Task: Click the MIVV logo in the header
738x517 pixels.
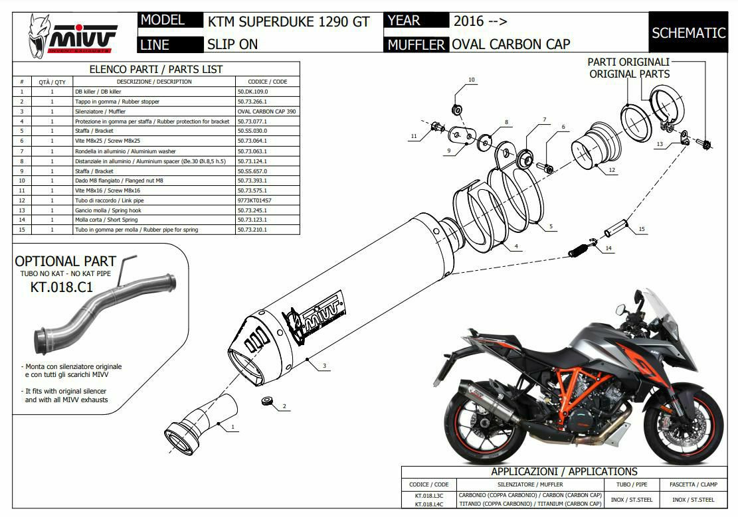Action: click(x=73, y=36)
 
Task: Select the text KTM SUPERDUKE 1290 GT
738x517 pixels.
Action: click(x=288, y=21)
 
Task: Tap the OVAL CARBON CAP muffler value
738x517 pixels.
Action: click(x=510, y=44)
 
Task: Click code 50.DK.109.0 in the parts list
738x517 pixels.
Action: click(x=254, y=92)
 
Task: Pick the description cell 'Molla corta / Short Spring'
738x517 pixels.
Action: click(x=106, y=220)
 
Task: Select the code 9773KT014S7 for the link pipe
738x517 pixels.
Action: click(x=254, y=200)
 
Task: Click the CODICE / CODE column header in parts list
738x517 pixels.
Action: click(x=267, y=82)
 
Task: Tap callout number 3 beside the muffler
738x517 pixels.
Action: click(x=323, y=366)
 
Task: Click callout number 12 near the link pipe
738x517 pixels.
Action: click(x=612, y=170)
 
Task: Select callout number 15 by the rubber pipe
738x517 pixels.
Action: click(x=641, y=229)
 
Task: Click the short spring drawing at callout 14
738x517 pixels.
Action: click(x=580, y=251)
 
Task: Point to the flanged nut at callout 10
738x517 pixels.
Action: click(x=456, y=108)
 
